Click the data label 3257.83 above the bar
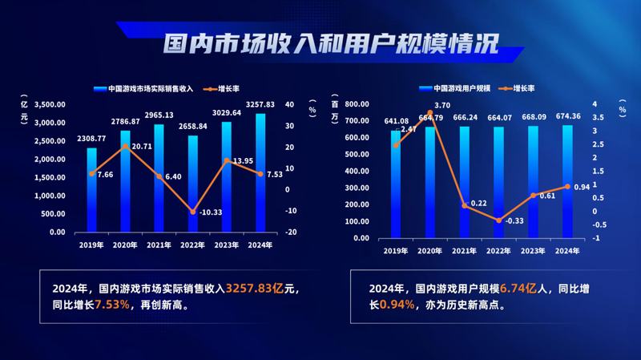260,104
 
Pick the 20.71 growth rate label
141,147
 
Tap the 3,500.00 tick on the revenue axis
50,105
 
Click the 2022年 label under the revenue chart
192,245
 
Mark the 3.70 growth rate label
441,105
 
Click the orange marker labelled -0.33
498,220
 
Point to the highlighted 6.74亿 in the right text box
519,287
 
